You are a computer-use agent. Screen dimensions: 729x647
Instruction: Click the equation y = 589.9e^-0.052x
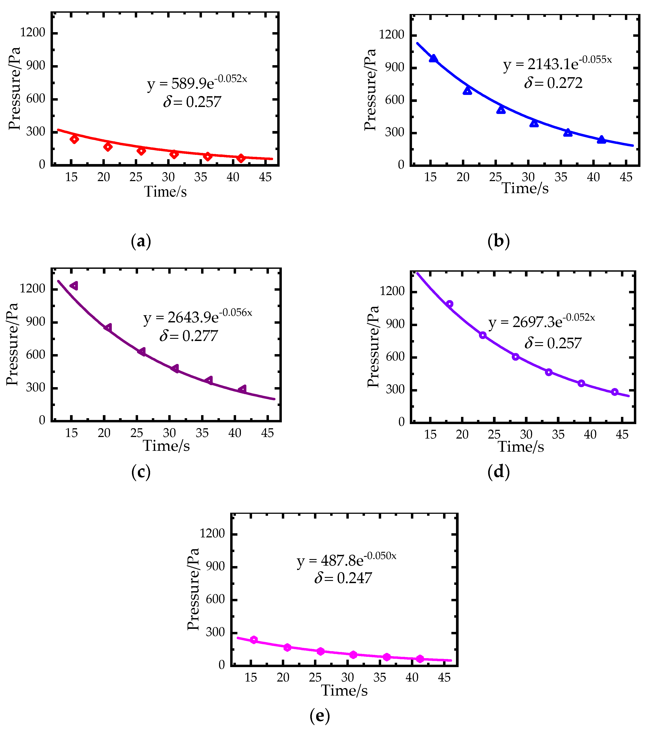coord(197,82)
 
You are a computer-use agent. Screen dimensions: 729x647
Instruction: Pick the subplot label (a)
coord(141,241)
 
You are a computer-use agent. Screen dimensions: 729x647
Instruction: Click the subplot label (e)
coord(319,715)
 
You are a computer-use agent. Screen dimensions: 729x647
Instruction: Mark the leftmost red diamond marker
coord(74,139)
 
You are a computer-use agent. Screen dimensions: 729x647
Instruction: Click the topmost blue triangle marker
coord(433,58)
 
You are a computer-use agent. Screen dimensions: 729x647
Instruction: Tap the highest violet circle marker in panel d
coord(450,304)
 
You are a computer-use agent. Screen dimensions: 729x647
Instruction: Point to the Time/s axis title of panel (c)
coord(166,446)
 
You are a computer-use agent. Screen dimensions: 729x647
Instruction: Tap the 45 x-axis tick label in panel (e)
coord(444,677)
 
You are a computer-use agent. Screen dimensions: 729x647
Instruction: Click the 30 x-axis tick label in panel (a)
coord(168,177)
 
